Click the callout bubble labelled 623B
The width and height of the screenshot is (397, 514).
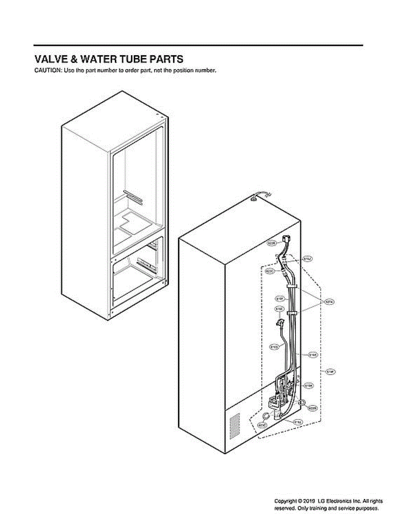click(272, 244)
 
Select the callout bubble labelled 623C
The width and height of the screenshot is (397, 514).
click(270, 271)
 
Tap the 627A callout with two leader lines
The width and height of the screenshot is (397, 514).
click(329, 302)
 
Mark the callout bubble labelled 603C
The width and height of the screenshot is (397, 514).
click(262, 425)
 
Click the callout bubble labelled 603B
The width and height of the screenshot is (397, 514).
click(312, 409)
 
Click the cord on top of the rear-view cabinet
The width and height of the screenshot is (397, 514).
click(259, 196)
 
